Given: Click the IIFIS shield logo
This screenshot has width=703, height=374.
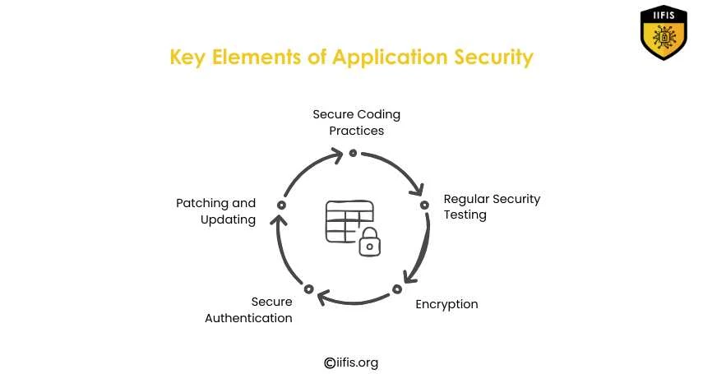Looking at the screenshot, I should click(x=664, y=33).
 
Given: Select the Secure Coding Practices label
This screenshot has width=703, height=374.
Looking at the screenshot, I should click(x=356, y=122).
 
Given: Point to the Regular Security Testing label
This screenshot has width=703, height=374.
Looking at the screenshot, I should click(x=492, y=207).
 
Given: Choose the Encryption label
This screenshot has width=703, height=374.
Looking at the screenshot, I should click(x=446, y=304).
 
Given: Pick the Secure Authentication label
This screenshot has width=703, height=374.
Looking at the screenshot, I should click(x=248, y=310).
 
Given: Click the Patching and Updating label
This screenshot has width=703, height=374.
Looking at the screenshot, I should click(x=215, y=211).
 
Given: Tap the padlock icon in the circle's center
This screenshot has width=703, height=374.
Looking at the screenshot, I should click(x=370, y=242).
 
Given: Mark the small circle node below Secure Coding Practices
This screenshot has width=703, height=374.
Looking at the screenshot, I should click(x=353, y=152).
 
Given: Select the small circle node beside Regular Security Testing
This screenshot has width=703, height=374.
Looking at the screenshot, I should click(x=424, y=205).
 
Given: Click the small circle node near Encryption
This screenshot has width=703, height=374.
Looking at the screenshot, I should click(x=396, y=289).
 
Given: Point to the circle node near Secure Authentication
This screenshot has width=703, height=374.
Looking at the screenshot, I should click(x=308, y=289).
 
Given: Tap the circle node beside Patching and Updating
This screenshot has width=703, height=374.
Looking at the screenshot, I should click(x=281, y=205).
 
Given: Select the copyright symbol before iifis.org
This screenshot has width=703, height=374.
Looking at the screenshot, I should click(x=330, y=362).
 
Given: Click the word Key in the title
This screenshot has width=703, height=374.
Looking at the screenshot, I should click(x=188, y=58).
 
